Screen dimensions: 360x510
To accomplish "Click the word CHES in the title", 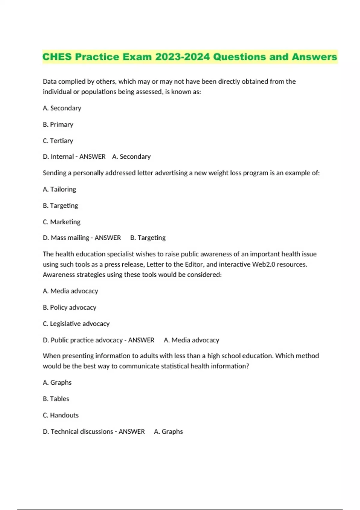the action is [57, 57].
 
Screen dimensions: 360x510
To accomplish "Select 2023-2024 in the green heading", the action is [182, 57].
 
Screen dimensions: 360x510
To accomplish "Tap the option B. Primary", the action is [58, 124].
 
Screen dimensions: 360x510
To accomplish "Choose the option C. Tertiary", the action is [58, 141].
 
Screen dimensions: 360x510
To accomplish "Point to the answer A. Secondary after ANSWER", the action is [131, 157].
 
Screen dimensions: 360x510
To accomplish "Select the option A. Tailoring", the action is [59, 189].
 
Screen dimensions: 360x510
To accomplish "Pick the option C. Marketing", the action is [61, 222].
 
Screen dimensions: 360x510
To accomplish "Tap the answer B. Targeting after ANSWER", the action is [148, 238].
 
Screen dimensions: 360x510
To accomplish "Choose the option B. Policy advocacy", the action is [69, 307].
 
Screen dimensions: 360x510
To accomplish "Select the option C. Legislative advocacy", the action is [76, 324].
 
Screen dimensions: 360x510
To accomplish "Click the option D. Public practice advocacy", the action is [82, 340].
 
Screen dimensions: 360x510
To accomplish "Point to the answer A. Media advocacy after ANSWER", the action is [191, 340].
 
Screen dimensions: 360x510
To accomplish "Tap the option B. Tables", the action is [56, 399].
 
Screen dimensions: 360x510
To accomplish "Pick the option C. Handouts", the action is [61, 415].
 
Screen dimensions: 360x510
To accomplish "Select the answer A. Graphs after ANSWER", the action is [168, 431].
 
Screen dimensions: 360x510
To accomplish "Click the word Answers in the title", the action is [314, 57].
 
